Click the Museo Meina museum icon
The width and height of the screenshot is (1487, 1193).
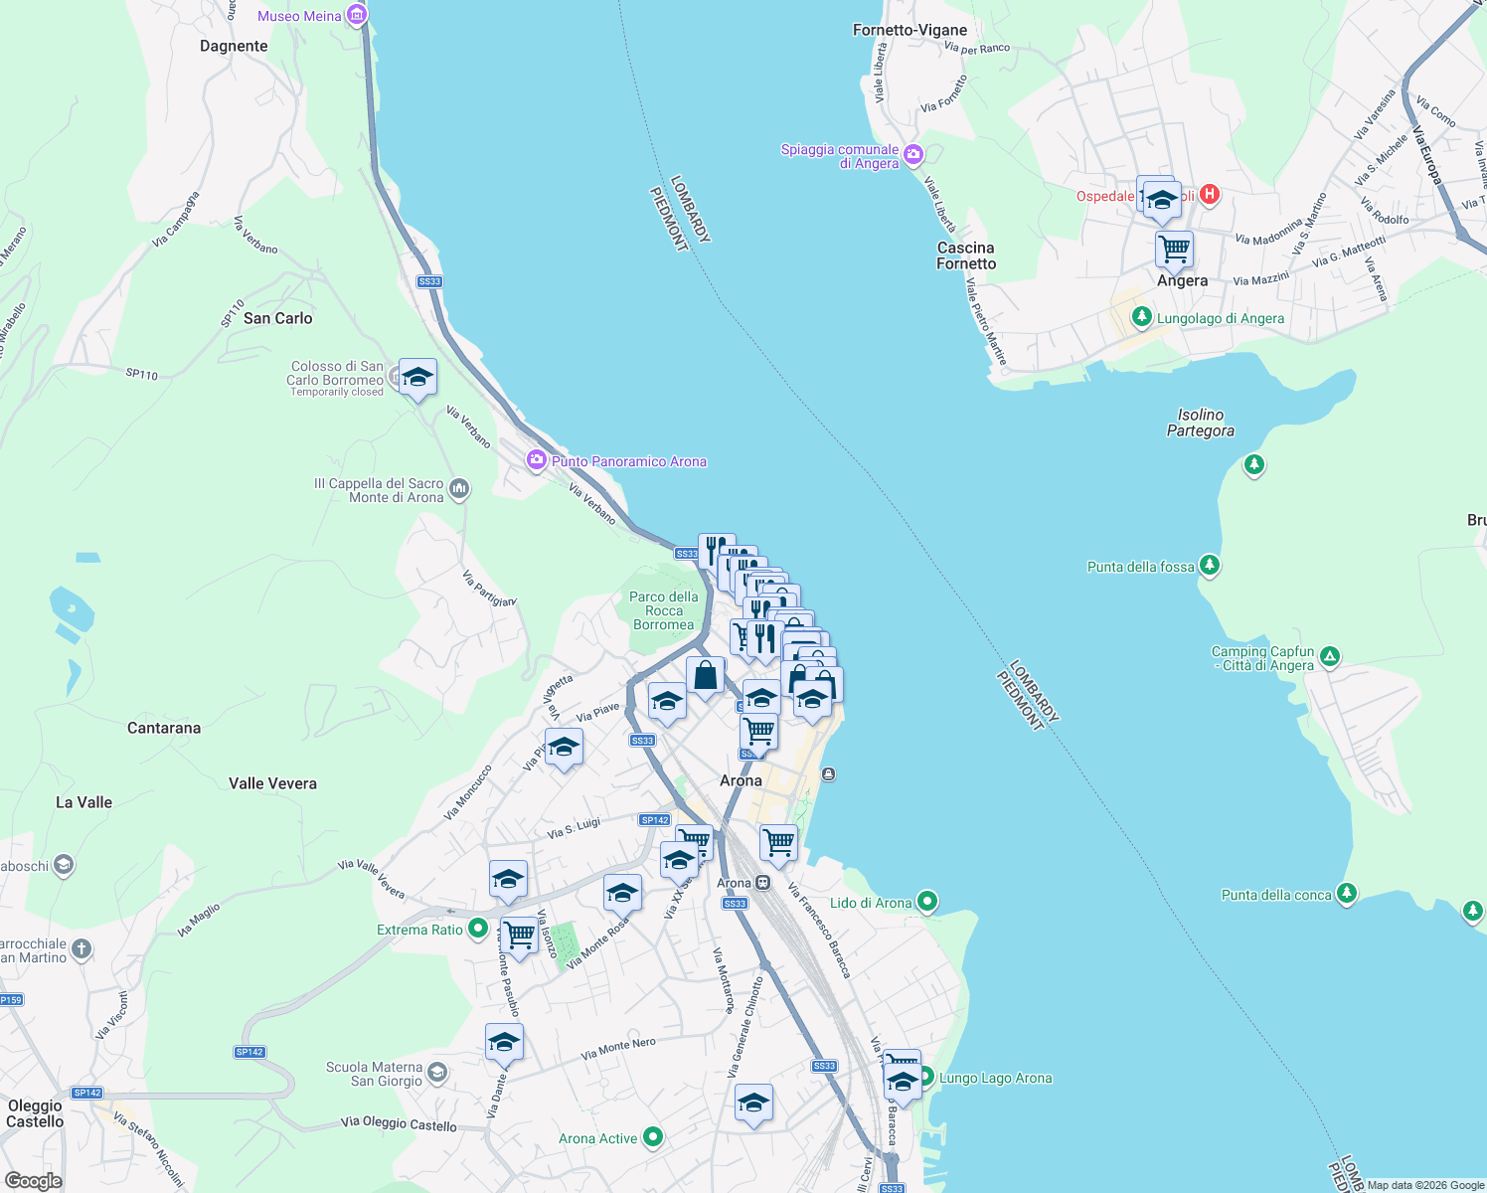tap(357, 16)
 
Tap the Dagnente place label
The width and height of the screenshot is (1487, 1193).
tap(234, 46)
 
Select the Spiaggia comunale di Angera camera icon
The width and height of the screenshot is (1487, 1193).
tap(913, 155)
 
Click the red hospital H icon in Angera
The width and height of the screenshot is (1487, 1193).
tap(1209, 194)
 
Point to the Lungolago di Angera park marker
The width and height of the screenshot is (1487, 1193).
tap(1142, 318)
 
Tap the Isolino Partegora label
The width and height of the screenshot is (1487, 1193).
tap(1200, 423)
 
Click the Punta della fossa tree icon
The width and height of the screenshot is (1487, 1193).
tap(1209, 566)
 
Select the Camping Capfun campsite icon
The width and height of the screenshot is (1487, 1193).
tap(1330, 656)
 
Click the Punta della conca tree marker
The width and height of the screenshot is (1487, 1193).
tap(1346, 893)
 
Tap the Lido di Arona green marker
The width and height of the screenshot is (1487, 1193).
tap(926, 902)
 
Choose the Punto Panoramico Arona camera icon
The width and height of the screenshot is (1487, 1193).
tap(537, 460)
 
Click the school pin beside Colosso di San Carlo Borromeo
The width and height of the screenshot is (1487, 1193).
tap(417, 378)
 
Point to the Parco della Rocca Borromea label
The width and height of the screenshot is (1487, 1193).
tap(663, 610)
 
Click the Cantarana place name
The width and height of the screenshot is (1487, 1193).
tap(164, 728)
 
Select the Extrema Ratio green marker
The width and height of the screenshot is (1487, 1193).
tap(477, 929)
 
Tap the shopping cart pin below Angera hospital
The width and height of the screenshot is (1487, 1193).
tap(1174, 249)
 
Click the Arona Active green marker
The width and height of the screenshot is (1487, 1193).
tap(652, 1136)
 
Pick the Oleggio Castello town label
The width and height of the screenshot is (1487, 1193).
tap(35, 1113)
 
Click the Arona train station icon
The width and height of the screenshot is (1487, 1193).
tap(762, 882)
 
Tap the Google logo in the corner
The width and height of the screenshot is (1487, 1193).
tap(34, 1180)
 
